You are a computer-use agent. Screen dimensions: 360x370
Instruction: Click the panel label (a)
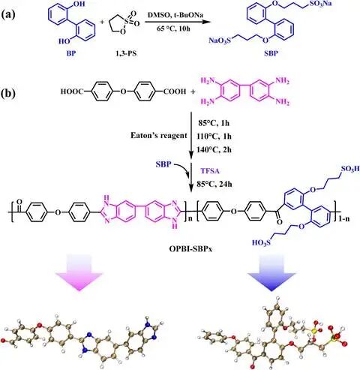tap(8, 15)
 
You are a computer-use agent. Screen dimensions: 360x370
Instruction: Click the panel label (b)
tap(8, 93)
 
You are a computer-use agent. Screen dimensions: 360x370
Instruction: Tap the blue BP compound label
tap(71, 54)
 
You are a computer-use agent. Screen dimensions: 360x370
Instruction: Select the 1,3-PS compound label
tap(126, 54)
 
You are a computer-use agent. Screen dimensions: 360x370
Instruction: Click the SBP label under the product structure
tap(271, 53)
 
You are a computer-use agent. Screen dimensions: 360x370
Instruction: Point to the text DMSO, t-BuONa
tap(175, 15)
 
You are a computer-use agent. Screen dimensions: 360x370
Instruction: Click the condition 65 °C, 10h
tap(173, 29)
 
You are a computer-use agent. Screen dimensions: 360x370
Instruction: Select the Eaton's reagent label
tap(159, 136)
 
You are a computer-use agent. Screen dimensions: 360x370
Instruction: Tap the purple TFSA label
tap(210, 171)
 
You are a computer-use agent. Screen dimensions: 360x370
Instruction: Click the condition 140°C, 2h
tap(214, 149)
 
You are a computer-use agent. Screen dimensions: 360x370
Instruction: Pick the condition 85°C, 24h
tap(214, 185)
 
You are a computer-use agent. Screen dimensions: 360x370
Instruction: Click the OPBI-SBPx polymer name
tap(190, 249)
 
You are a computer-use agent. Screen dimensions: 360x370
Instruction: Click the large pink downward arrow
tap(79, 272)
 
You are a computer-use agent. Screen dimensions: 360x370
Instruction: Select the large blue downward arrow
tap(271, 273)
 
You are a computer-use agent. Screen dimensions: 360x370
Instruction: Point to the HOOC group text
tap(71, 92)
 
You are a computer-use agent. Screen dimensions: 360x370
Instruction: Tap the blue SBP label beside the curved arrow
tap(163, 164)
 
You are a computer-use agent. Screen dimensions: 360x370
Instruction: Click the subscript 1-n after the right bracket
tap(344, 219)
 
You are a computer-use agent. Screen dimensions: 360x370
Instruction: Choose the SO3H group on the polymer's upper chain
tap(350, 170)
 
